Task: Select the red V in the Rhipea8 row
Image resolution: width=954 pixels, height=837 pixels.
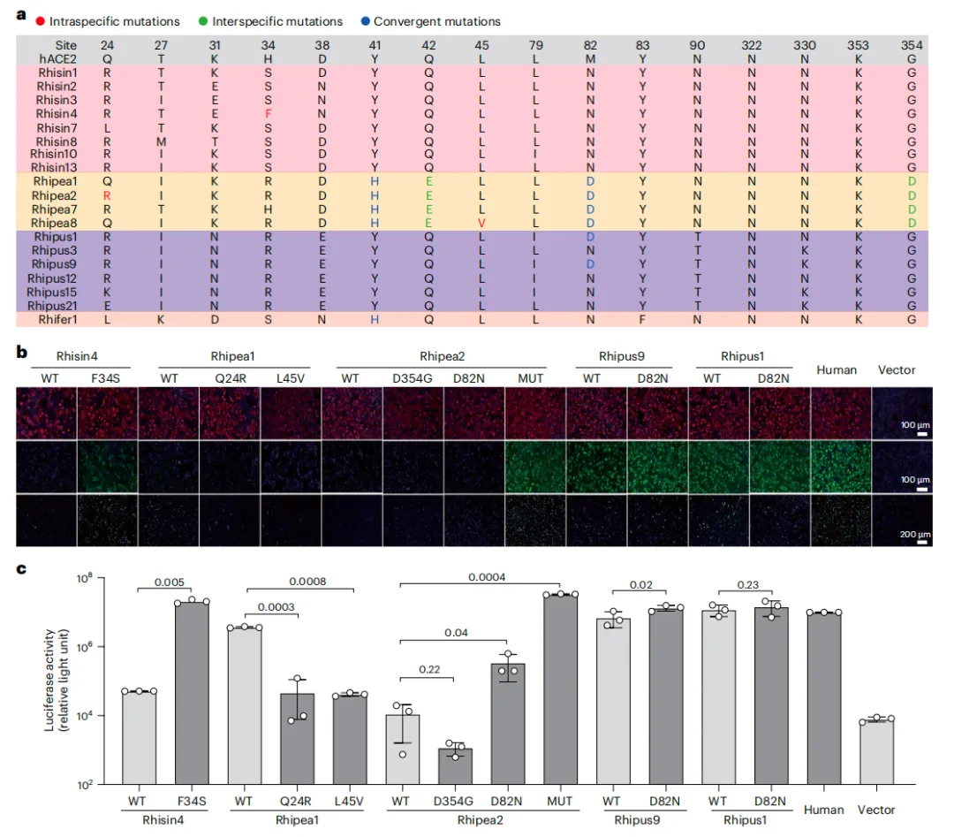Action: (x=481, y=223)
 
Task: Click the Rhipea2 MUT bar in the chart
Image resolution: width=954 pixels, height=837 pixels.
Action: (x=560, y=689)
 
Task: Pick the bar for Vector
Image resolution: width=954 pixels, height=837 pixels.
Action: (x=876, y=751)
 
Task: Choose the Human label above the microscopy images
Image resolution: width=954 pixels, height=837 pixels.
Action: (x=836, y=369)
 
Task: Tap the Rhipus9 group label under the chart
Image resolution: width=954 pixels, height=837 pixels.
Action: (x=638, y=819)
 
